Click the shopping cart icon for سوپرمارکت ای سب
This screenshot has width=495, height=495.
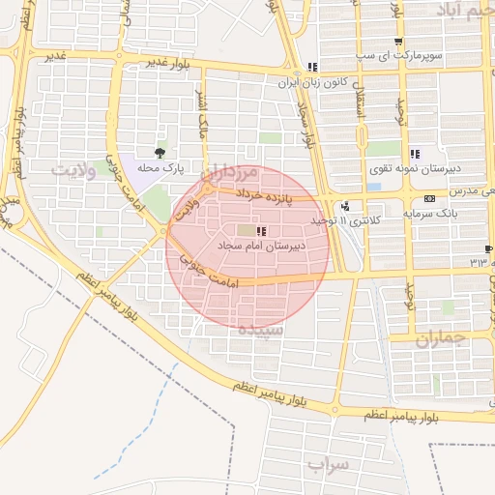pyautogui.click(x=398, y=42)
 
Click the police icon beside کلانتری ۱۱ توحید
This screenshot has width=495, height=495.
pyautogui.click(x=345, y=206)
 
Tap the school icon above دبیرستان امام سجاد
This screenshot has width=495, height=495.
pyautogui.click(x=261, y=230)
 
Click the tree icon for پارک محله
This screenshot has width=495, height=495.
pyautogui.click(x=160, y=153)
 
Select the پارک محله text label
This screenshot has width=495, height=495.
pyautogui.click(x=160, y=167)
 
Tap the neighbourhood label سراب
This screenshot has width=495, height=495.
pyautogui.click(x=328, y=465)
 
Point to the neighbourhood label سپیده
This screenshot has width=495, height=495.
pyautogui.click(x=261, y=330)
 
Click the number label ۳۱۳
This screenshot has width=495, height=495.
pyautogui.click(x=479, y=262)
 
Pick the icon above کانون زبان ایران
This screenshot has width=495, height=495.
pyautogui.click(x=311, y=68)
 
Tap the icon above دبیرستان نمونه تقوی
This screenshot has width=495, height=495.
pyautogui.click(x=415, y=154)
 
